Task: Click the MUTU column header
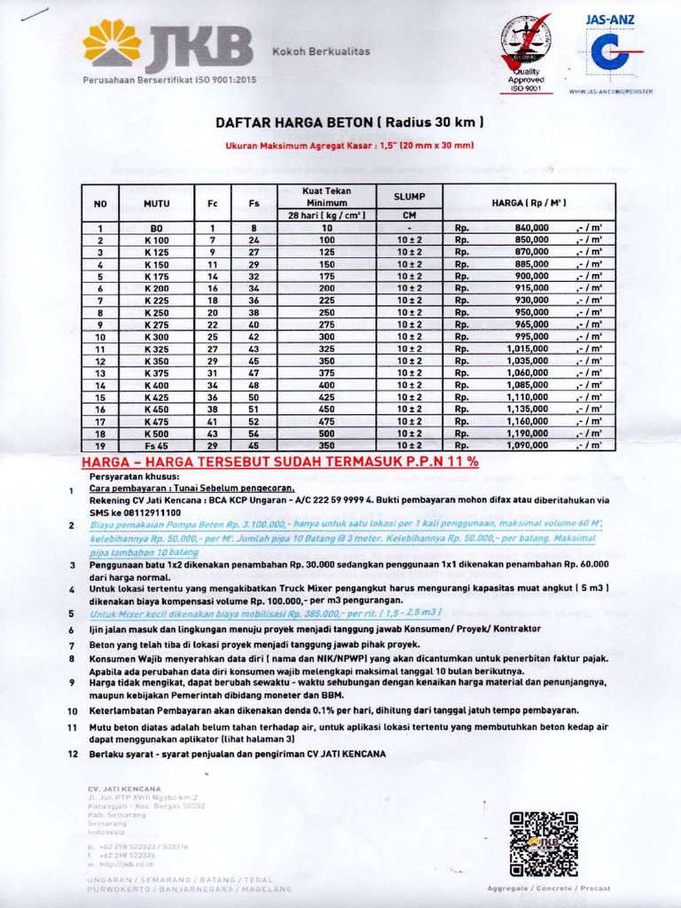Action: pyautogui.click(x=156, y=203)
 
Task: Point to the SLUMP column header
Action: pyautogui.click(x=410, y=196)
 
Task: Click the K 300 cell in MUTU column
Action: pyautogui.click(x=156, y=337)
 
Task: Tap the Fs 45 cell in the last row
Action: pyautogui.click(x=156, y=446)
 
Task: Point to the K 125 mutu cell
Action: pyautogui.click(x=156, y=252)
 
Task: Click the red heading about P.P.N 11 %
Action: pyautogui.click(x=280, y=462)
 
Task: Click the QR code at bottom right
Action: pyautogui.click(x=544, y=843)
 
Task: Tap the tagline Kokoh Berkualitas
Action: pyautogui.click(x=320, y=51)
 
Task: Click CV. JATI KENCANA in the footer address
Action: pyautogui.click(x=124, y=788)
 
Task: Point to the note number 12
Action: pyautogui.click(x=73, y=755)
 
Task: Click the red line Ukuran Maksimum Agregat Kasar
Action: pyautogui.click(x=349, y=145)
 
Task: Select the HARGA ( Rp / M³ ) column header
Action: pyautogui.click(x=528, y=203)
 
